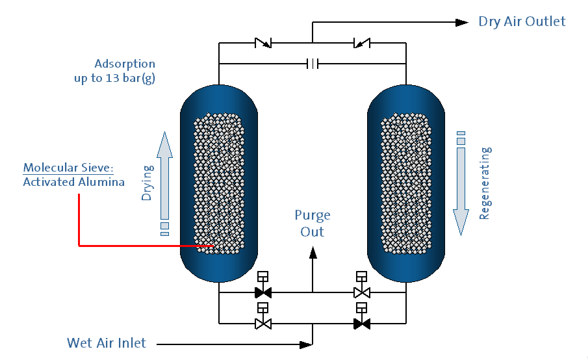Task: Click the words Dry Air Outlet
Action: pyautogui.click(x=522, y=21)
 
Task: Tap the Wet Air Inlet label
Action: pyautogui.click(x=107, y=342)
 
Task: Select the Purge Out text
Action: pyautogui.click(x=313, y=223)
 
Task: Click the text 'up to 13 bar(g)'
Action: pyautogui.click(x=115, y=78)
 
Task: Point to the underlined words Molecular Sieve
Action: pyautogui.click(x=68, y=168)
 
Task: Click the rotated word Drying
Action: pyautogui.click(x=147, y=183)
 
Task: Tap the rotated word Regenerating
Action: pyautogui.click(x=485, y=183)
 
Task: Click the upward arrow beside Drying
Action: pyautogui.click(x=164, y=175)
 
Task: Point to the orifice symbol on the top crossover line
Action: pyautogui.click(x=313, y=64)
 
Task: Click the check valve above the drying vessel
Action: pyautogui.click(x=263, y=44)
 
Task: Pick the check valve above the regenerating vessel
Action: pyautogui.click(x=361, y=44)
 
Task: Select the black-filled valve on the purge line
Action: pyautogui.click(x=263, y=292)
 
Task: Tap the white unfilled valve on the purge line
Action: pyautogui.click(x=362, y=292)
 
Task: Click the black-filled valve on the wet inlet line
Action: pyautogui.click(x=362, y=323)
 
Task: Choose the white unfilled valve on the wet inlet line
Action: pyautogui.click(x=263, y=323)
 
